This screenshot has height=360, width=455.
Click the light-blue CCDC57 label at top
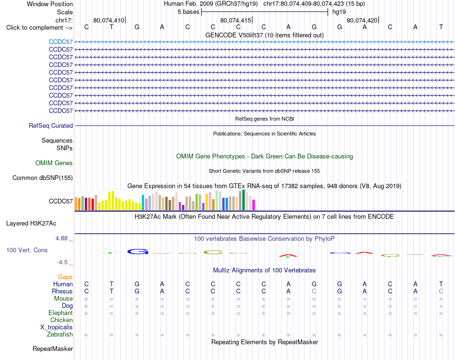pos(61,42)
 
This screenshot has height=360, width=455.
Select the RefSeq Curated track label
pos(51,125)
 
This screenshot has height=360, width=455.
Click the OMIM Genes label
pos(54,163)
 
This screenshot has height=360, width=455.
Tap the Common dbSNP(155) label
pos(43,178)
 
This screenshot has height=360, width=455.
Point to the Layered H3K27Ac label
pos(31,224)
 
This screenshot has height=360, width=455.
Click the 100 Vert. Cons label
pos(27,250)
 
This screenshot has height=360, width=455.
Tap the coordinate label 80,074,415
pos(236,20)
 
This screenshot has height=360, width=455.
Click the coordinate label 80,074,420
pos(362,20)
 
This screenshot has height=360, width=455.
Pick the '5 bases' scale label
pos(189,12)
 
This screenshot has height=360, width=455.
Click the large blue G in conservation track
pos(137,251)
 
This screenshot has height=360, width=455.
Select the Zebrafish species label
pos(60,335)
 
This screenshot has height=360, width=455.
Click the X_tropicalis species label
pos(57,327)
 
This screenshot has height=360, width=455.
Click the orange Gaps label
pos(65,277)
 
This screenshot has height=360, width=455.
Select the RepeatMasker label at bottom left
pos(53,349)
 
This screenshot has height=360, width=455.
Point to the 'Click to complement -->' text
pos(39,28)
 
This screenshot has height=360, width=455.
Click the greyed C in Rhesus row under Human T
pos(441,291)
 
